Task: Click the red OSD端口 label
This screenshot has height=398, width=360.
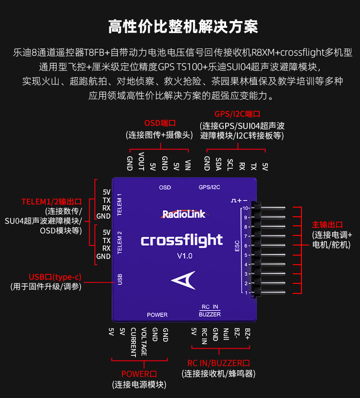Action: [x=160, y=123]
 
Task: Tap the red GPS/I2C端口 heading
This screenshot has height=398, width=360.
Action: [x=237, y=114]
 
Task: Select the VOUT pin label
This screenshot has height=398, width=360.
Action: [x=141, y=161]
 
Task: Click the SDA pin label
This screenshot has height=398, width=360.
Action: [x=218, y=163]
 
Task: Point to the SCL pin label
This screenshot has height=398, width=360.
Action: [x=230, y=163]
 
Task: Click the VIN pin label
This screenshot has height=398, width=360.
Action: [x=188, y=164]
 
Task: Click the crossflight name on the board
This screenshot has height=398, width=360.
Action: [x=182, y=240]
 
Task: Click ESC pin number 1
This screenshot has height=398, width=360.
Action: [x=246, y=293]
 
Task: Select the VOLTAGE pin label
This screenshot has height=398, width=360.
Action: [x=144, y=342]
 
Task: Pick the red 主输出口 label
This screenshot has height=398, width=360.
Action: [x=327, y=224]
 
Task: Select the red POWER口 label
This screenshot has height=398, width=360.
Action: [x=139, y=374]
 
